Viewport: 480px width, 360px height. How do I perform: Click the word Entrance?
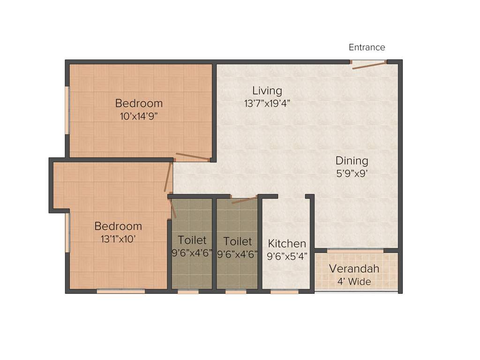pyautogui.click(x=367, y=47)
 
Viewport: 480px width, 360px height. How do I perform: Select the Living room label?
pyautogui.click(x=267, y=90)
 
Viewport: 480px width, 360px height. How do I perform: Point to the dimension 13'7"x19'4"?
pyautogui.click(x=267, y=104)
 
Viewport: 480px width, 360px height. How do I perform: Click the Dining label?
pyautogui.click(x=352, y=161)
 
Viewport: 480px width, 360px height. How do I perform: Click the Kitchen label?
pyautogui.click(x=287, y=244)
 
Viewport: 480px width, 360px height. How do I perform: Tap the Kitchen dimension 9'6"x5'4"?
pyautogui.click(x=287, y=256)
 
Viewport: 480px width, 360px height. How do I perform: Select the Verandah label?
pyautogui.click(x=354, y=269)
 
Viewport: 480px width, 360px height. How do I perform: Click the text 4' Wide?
pyautogui.click(x=354, y=282)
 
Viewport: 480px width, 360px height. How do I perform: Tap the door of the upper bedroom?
pyautogui.click(x=192, y=156)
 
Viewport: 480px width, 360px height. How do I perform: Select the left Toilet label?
pyautogui.click(x=192, y=241)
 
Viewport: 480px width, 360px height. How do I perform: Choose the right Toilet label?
pyautogui.click(x=237, y=241)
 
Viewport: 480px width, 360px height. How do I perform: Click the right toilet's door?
pyautogui.click(x=244, y=200)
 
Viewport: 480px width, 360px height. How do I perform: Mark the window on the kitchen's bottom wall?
pyautogui.click(x=285, y=292)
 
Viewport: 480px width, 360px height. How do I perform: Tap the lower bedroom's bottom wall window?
pyautogui.click(x=120, y=291)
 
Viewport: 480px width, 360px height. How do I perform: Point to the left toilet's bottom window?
pyautogui.click(x=188, y=292)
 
